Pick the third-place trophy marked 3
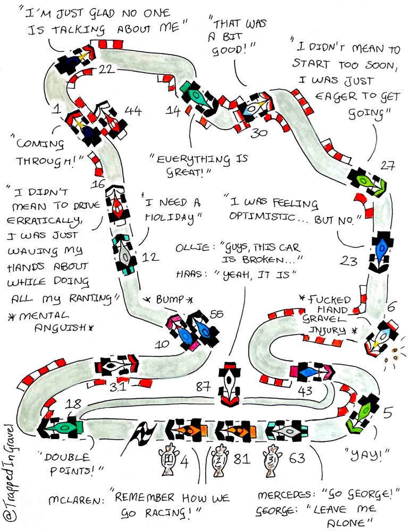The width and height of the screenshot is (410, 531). tap(271, 458)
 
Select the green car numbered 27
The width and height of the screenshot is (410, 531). tap(367, 182)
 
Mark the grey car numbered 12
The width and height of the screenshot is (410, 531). tap(125, 255)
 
